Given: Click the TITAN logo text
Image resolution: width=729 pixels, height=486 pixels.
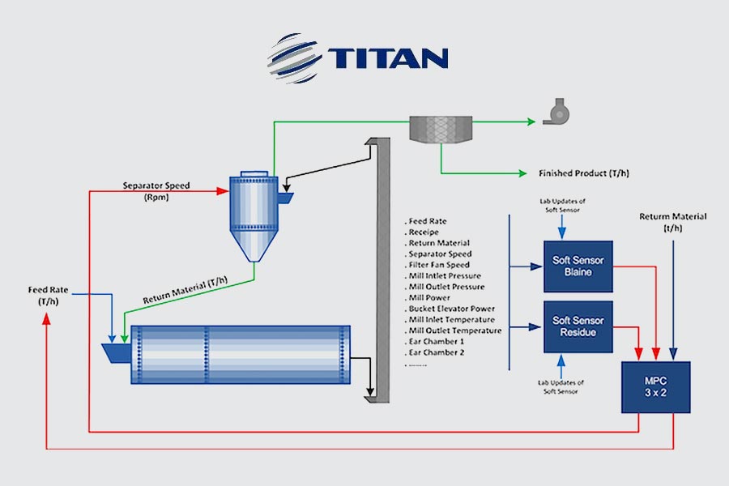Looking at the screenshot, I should point(388,58).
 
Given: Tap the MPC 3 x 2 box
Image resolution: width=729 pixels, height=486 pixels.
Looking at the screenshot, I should point(654,386).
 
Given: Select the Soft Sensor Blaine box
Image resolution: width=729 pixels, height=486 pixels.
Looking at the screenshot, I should point(578,266).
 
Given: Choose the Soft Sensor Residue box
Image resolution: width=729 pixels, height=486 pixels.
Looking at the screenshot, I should point(578,326).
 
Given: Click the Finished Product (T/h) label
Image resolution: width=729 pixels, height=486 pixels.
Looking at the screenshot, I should point(584,173).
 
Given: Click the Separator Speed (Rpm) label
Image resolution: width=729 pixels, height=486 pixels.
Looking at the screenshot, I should point(156,191).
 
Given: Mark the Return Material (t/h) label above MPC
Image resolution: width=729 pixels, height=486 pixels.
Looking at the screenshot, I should point(672,222).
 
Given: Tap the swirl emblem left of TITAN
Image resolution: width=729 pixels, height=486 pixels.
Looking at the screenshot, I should point(294,58).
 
